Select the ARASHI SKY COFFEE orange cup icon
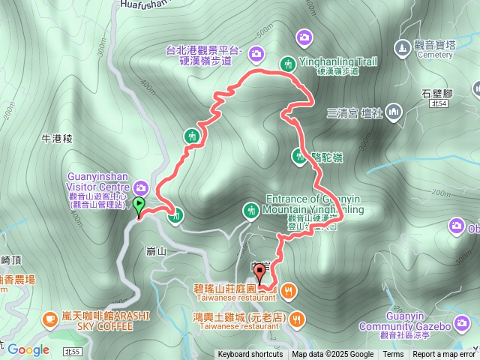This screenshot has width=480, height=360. (50, 318)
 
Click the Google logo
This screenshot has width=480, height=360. (28, 349)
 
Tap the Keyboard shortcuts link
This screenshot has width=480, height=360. (250, 355)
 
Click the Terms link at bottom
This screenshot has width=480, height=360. (393, 355)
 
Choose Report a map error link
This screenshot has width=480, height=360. (444, 355)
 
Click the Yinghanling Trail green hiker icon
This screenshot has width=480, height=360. (287, 63)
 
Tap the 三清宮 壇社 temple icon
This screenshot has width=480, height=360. (394, 113)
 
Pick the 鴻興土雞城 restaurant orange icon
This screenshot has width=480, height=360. (298, 318)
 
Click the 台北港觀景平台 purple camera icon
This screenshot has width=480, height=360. (256, 52)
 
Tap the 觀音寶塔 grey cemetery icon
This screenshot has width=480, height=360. (403, 47)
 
